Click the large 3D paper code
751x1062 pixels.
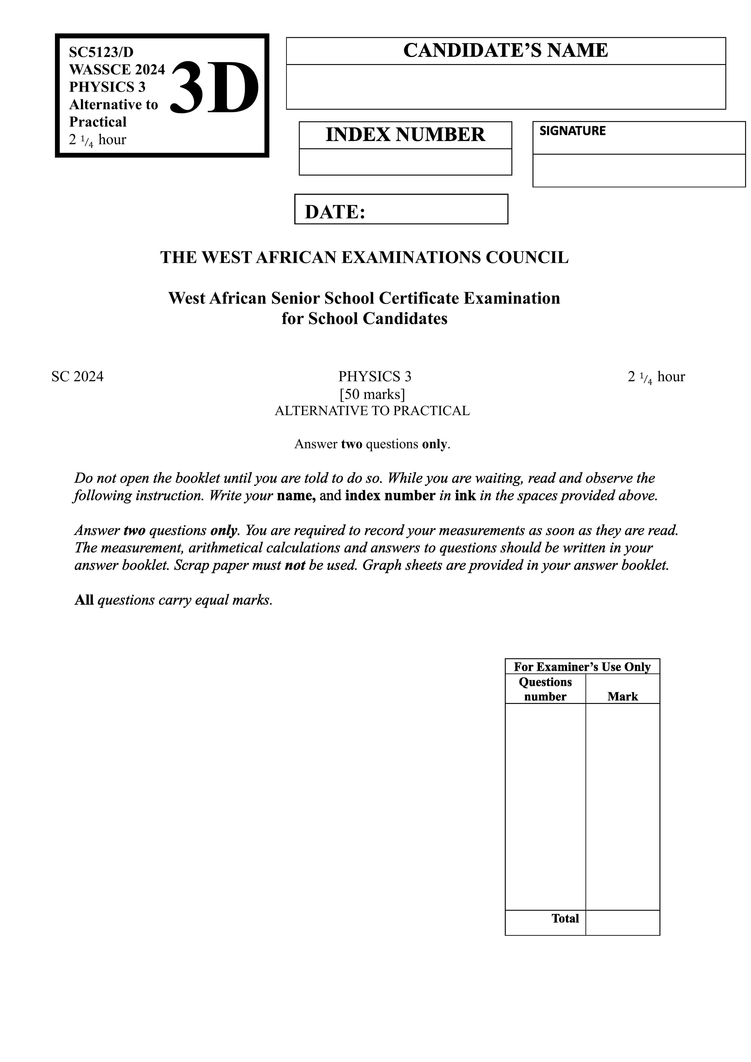pos(215,88)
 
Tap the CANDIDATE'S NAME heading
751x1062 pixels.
pos(505,50)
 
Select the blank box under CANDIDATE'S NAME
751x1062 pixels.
pos(505,87)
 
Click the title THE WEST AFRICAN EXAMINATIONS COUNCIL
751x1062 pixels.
pos(364,257)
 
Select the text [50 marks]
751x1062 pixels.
pos(372,394)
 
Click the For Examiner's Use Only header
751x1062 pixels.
pos(582,667)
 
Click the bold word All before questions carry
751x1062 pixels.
pos(84,600)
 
